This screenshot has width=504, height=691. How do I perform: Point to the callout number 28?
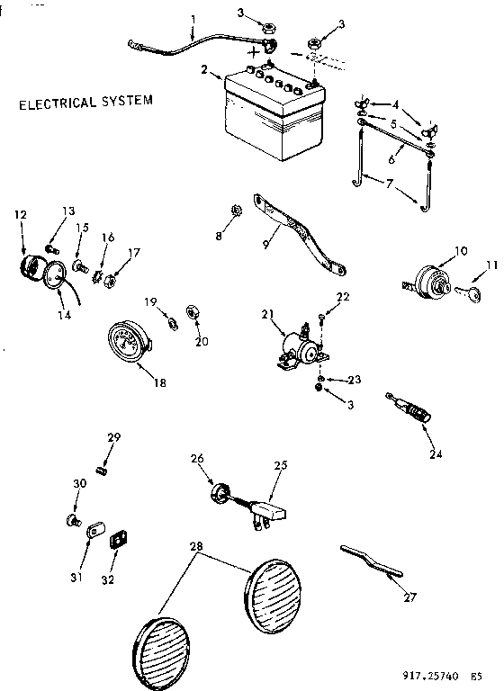[x=197, y=546]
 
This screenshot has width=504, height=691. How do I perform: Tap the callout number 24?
[x=435, y=453]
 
